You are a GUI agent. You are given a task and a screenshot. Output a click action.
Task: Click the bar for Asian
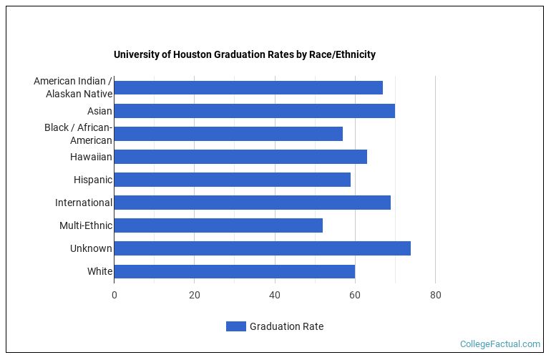[x=254, y=111]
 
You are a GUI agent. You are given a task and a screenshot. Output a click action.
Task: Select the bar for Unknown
[x=262, y=248]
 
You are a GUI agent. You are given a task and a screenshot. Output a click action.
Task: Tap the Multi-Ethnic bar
[x=218, y=225]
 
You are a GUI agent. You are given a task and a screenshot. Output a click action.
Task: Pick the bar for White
[x=234, y=271]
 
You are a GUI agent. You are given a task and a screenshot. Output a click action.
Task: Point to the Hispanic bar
[x=232, y=180]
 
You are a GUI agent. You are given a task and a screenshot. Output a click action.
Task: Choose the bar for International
[x=252, y=203]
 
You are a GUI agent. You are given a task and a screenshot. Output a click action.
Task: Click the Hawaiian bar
[x=240, y=157]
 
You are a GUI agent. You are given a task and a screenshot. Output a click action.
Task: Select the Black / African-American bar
[x=228, y=134]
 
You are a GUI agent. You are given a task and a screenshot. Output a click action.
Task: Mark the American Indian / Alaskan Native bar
[x=248, y=88]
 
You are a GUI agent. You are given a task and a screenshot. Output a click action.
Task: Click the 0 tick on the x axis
[x=114, y=294]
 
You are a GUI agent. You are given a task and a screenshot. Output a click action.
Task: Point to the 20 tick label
[x=194, y=294]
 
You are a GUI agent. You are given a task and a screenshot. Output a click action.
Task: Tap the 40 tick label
[x=275, y=294]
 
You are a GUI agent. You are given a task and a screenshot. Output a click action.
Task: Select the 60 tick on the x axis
[x=355, y=294]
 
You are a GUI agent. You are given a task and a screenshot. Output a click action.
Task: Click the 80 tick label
[x=435, y=294]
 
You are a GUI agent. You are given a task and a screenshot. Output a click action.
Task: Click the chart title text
[x=245, y=54]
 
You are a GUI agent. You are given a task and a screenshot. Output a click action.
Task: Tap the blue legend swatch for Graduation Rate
[x=235, y=326]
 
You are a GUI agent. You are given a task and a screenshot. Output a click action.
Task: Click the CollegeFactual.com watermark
[x=499, y=344]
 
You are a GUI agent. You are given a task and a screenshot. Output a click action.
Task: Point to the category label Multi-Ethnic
[x=86, y=225]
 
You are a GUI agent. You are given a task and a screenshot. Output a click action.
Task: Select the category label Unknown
[x=91, y=248]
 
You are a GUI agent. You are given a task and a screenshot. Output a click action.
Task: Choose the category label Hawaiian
[x=91, y=157]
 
